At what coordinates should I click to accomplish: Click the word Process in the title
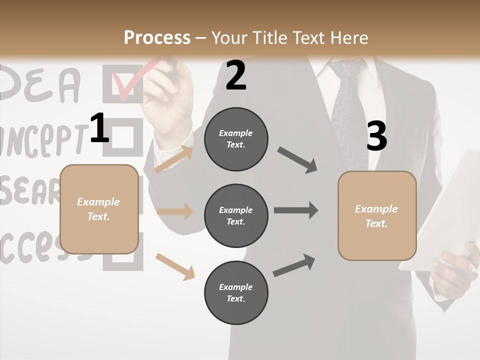(157, 37)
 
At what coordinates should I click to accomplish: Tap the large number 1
(99, 129)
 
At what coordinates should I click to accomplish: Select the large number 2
(236, 75)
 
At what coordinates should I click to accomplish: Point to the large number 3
(376, 136)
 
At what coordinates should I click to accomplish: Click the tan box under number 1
(99, 209)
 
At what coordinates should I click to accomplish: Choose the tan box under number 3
(377, 216)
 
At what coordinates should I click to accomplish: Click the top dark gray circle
(236, 139)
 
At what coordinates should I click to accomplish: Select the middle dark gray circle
(236, 216)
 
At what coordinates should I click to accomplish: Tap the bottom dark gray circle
(236, 293)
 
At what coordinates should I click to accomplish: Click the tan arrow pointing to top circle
(174, 159)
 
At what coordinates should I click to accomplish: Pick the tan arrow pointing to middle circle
(175, 211)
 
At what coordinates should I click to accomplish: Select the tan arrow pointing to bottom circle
(175, 266)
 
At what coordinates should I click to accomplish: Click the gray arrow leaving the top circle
(297, 160)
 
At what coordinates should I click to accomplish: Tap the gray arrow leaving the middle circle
(296, 210)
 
